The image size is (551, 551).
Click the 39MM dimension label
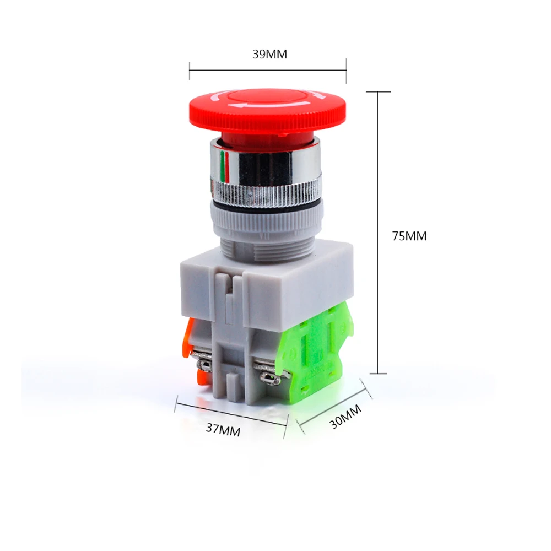(270, 54)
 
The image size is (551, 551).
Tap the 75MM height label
(409, 236)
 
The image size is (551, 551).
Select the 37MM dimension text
(223, 429)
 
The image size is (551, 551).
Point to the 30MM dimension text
(345, 417)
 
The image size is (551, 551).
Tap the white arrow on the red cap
(269, 104)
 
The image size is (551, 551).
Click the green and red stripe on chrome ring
(225, 167)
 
